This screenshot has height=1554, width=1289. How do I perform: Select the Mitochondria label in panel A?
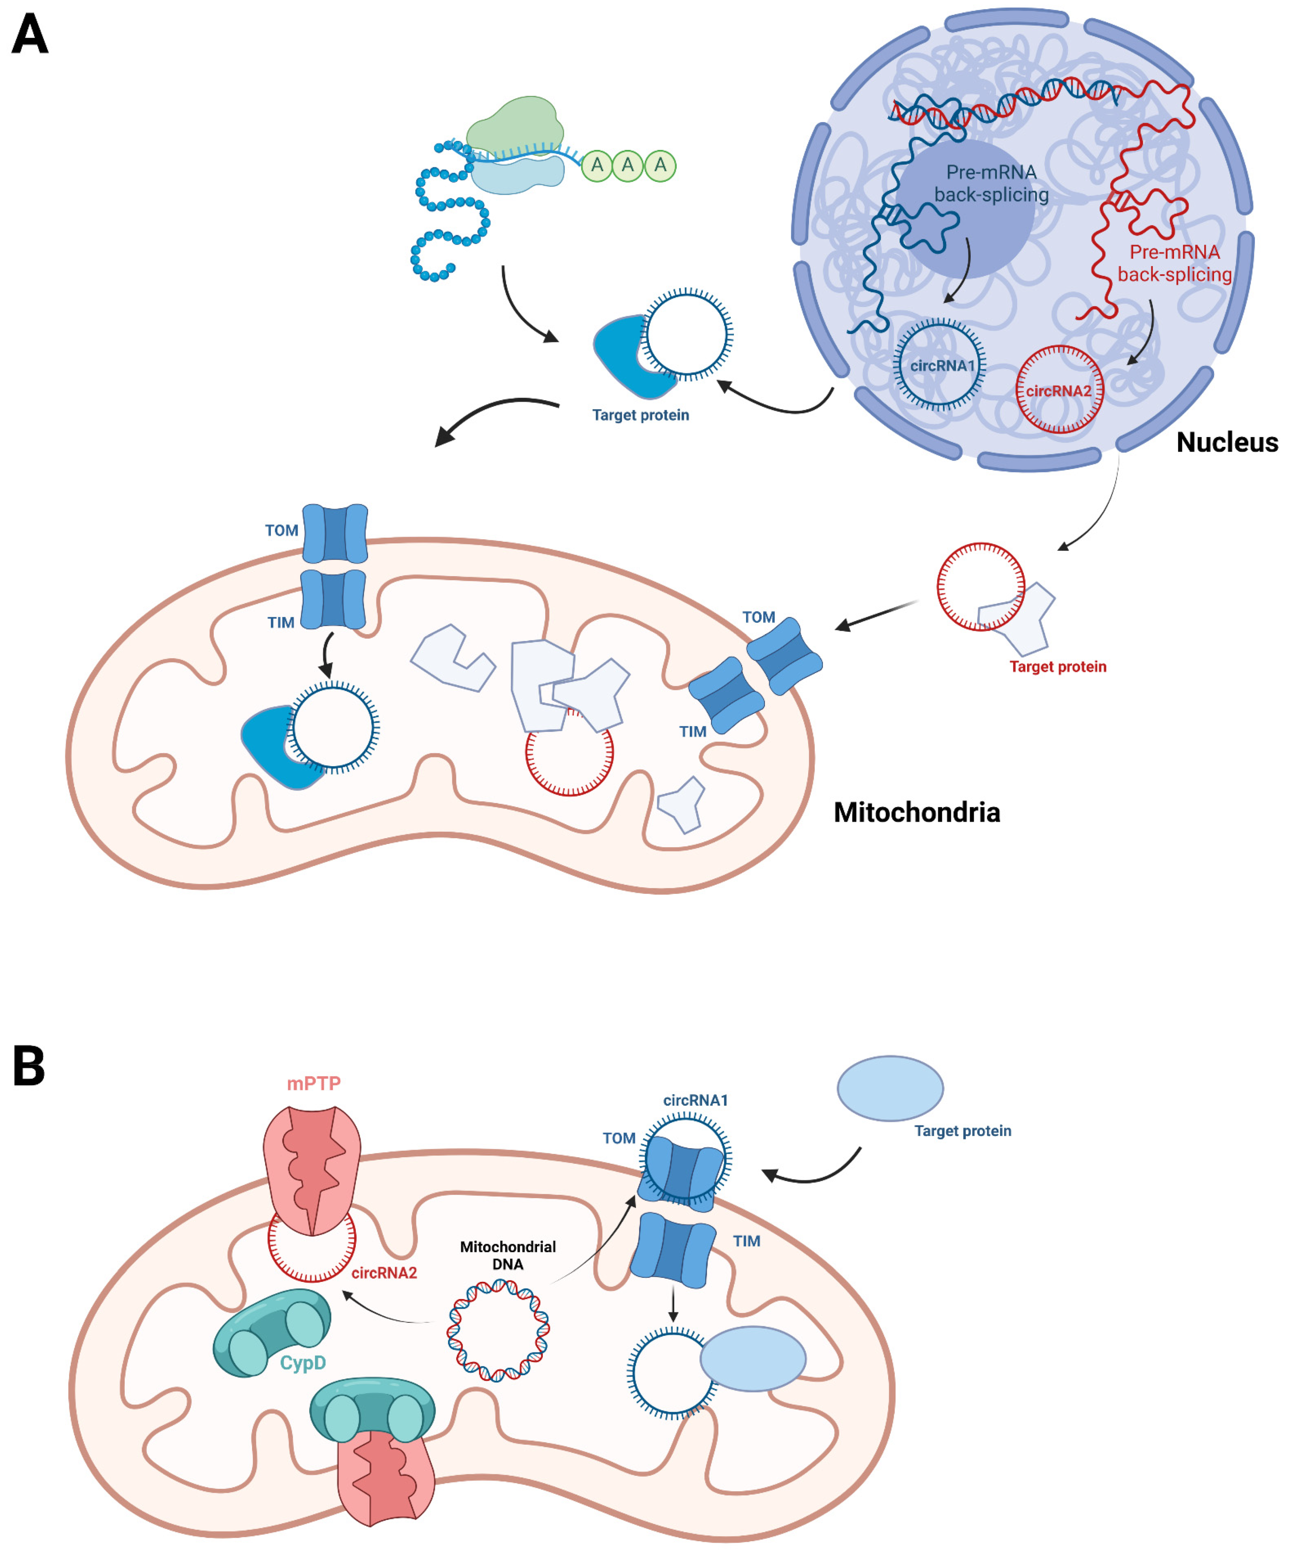[916, 813]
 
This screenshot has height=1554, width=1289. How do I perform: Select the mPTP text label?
[314, 1083]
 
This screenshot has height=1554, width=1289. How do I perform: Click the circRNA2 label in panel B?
[384, 1273]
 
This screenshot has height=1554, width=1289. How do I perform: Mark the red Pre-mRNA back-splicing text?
[1174, 263]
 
